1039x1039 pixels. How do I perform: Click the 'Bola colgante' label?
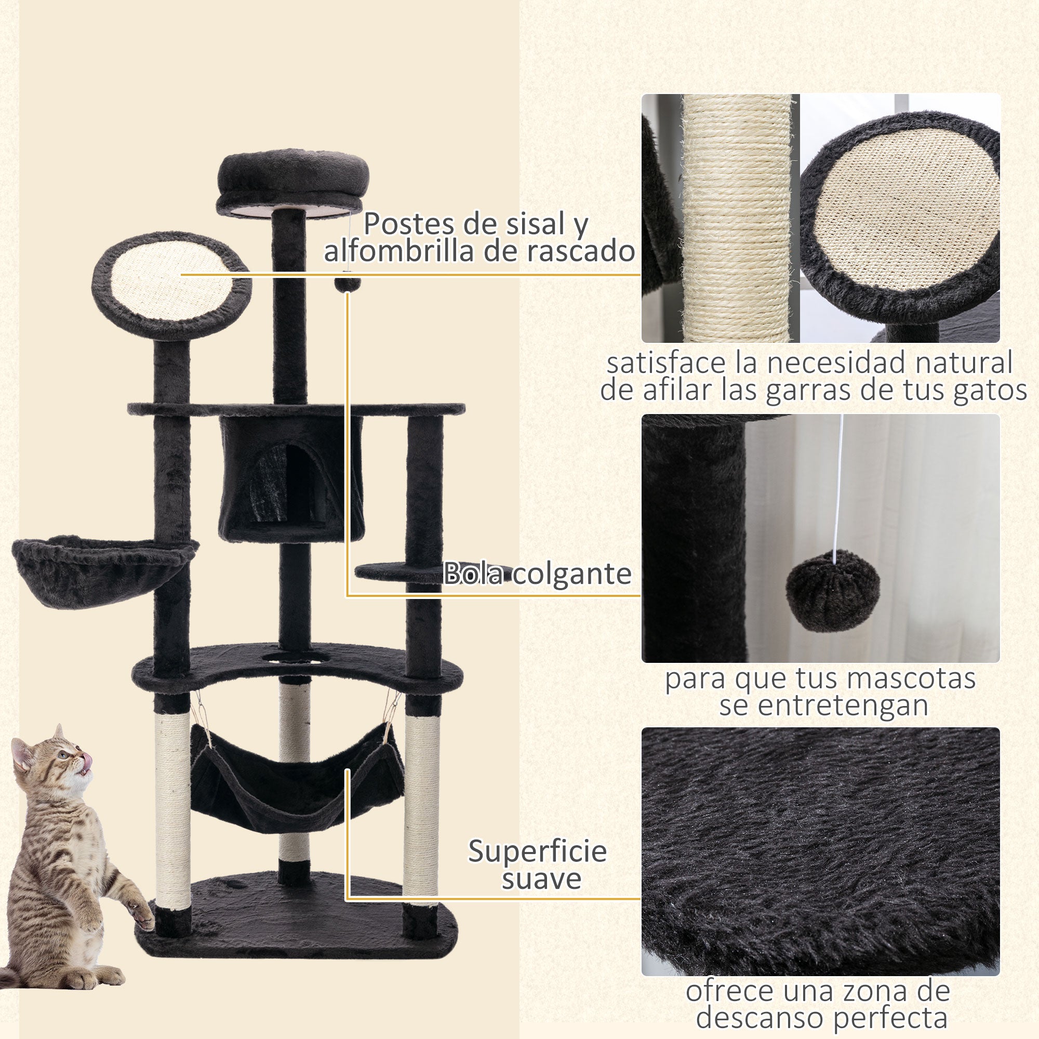(x=537, y=574)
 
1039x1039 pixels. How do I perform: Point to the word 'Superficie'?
(x=537, y=851)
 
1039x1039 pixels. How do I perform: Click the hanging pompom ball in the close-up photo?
(x=832, y=591)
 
